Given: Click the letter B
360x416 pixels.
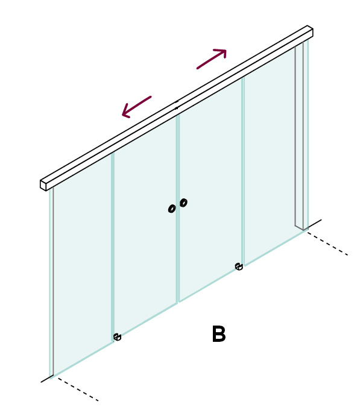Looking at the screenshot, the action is point(219,334).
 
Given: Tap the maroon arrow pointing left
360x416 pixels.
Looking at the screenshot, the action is point(136,107).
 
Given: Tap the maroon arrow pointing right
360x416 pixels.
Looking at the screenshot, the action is point(212,59).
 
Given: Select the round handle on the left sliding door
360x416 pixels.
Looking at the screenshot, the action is point(172,209).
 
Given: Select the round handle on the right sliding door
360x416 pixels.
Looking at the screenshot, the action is point(183,203).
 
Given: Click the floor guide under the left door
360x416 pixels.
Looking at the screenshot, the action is point(117,337).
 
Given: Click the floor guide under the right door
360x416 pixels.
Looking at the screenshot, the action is point(239,266).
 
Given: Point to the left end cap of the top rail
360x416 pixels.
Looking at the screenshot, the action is point(43,185).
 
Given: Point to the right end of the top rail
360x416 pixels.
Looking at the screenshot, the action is point(310,31).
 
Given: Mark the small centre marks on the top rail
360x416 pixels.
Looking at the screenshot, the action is point(177,105).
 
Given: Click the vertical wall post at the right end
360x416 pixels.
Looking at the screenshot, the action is point(299,135).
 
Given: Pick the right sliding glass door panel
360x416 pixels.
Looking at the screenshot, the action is point(211,190).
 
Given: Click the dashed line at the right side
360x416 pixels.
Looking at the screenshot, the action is point(328,244).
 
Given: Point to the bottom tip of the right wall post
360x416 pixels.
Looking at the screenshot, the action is point(303,230).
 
